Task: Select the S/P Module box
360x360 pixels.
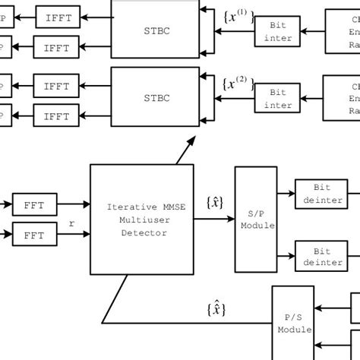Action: click(256, 219)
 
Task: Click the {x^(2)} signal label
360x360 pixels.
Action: click(237, 82)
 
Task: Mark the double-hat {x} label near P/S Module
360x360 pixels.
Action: click(215, 309)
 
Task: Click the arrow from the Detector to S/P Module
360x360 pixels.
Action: click(214, 219)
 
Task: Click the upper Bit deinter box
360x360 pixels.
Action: click(318, 194)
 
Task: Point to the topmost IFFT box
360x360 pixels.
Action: click(57, 17)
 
